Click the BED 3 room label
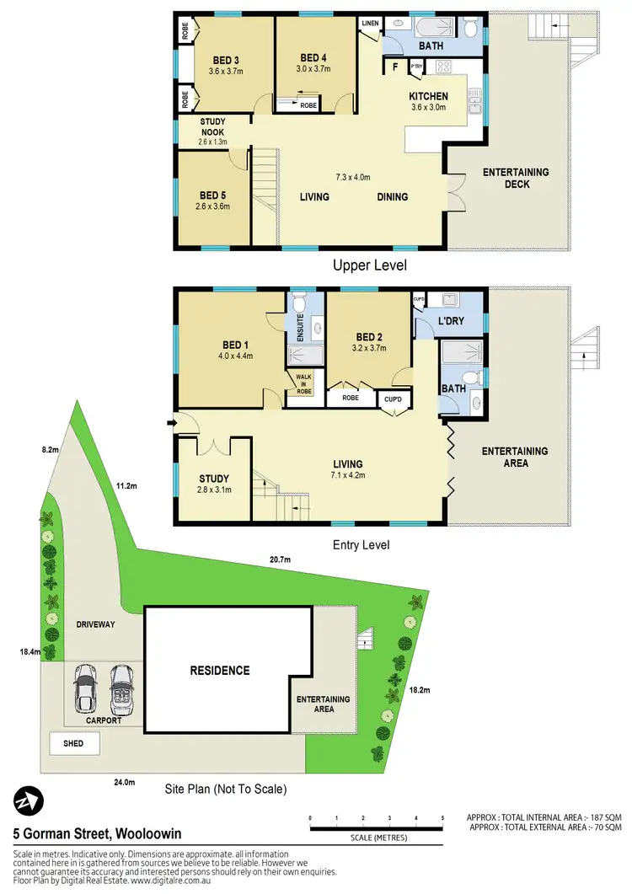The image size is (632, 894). (225, 59)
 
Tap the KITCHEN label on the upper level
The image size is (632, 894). (428, 96)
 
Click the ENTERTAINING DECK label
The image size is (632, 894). (516, 178)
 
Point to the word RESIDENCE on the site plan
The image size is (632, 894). (219, 671)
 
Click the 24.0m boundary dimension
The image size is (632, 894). (124, 783)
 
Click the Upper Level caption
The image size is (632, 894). (370, 265)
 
